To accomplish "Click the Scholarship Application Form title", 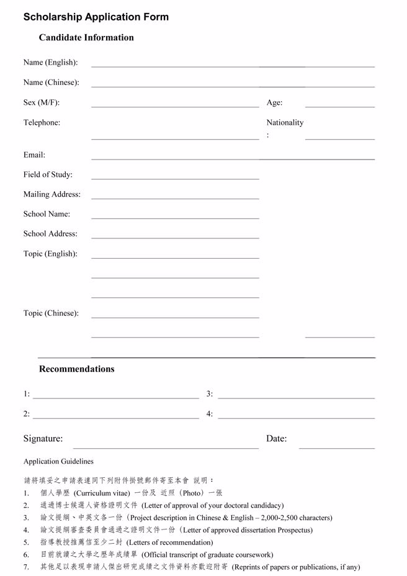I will pyautogui.click(x=96, y=17).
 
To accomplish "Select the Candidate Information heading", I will pyautogui.click(x=86, y=37).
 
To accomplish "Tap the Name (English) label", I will pyautogui.click(x=51, y=62).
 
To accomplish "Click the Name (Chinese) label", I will pyautogui.click(x=51, y=82).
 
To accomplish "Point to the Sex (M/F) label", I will pyautogui.click(x=42, y=102).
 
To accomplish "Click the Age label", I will pyautogui.click(x=274, y=102).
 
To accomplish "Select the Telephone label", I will pyautogui.click(x=42, y=122).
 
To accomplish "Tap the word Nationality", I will pyautogui.click(x=285, y=122).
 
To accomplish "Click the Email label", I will pyautogui.click(x=34, y=155).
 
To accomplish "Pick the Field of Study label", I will pyautogui.click(x=48, y=174).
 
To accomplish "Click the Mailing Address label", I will pyautogui.click(x=52, y=194).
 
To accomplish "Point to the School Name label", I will pyautogui.click(x=47, y=214).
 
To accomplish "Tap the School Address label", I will pyautogui.click(x=50, y=234).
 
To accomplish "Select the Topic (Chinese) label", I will pyautogui.click(x=51, y=313).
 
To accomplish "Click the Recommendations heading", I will pyautogui.click(x=77, y=369).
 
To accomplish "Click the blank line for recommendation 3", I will pyautogui.click(x=296, y=397).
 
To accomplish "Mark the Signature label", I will pyautogui.click(x=43, y=438).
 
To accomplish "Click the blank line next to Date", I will pyautogui.click(x=336, y=446).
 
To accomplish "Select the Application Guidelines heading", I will pyautogui.click(x=58, y=461).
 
